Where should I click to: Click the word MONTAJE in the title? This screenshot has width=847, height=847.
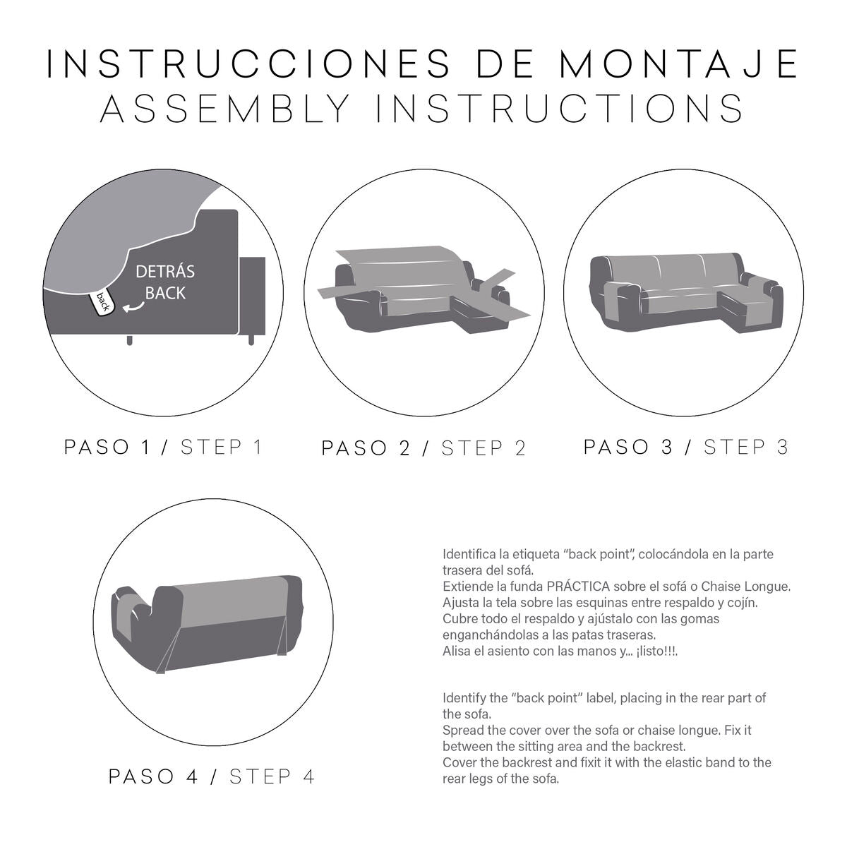(678, 64)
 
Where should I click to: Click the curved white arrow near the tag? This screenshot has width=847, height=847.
(131, 306)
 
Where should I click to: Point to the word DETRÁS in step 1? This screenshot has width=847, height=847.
(164, 272)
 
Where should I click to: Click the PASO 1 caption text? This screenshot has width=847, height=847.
(107, 447)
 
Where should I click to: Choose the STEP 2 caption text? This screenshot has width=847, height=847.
(483, 449)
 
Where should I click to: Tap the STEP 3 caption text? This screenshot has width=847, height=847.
(745, 447)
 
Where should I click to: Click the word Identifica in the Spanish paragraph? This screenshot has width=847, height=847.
(468, 555)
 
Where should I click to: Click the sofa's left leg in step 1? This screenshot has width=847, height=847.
(130, 341)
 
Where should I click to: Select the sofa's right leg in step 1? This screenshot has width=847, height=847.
(251, 340)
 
